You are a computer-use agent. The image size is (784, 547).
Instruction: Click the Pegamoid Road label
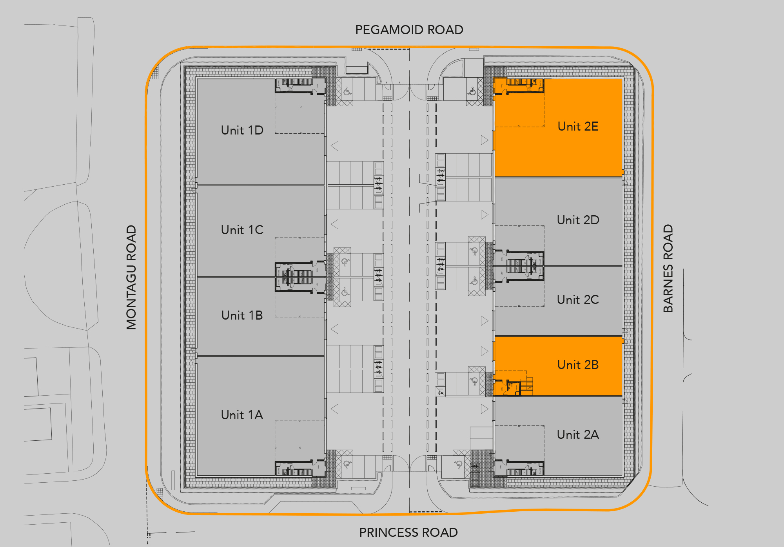[x=409, y=30]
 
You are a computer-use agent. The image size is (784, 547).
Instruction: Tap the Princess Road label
[x=408, y=532]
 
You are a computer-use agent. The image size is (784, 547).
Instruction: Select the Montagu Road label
[x=131, y=277]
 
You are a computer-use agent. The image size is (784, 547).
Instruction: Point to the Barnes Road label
[x=668, y=269]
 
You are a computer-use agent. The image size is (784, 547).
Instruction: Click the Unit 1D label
[x=242, y=130]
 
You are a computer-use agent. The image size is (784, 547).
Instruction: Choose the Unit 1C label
[x=242, y=230]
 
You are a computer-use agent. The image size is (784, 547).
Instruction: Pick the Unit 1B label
[x=242, y=315]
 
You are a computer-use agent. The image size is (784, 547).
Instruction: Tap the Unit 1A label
[x=242, y=415]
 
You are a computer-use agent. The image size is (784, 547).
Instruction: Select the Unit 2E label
[x=578, y=126]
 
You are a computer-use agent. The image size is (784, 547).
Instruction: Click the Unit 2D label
[x=578, y=220]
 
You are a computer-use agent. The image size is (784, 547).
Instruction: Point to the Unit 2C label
[x=578, y=300]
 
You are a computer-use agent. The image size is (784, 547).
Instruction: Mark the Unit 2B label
[x=578, y=365]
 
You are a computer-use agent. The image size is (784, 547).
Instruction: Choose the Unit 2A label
[x=578, y=434]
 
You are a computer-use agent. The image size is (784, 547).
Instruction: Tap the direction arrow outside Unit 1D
[x=335, y=146]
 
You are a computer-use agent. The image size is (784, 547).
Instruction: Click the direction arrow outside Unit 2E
[x=485, y=140]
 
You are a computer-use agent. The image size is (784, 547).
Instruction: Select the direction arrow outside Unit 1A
[x=335, y=409]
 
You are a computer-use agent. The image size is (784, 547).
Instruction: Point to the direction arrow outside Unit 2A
[x=485, y=409]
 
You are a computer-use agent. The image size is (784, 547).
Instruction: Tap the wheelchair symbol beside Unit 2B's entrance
[x=474, y=381]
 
